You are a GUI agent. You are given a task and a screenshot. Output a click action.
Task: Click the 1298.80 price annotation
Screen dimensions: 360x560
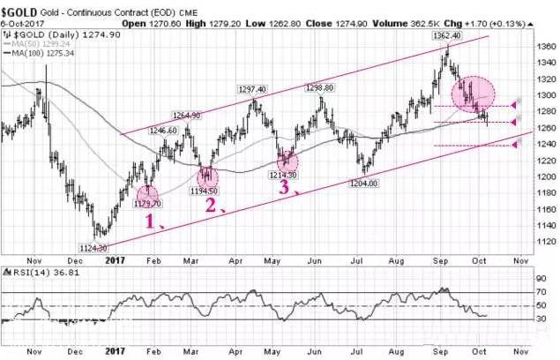point(318,89)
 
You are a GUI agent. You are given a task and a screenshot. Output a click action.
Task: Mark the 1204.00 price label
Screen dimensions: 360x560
point(362,183)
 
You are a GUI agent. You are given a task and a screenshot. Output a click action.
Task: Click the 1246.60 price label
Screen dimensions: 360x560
point(164,131)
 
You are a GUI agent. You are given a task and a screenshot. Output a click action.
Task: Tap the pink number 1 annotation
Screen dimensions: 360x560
point(151,221)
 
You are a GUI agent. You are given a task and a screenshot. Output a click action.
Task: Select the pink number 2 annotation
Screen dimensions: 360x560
point(210,205)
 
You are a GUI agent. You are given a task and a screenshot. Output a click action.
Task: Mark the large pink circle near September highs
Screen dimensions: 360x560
point(474,94)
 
